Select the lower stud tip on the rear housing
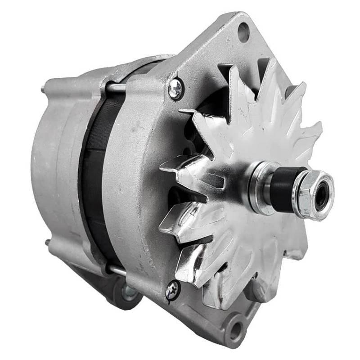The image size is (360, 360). tap(47, 243)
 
